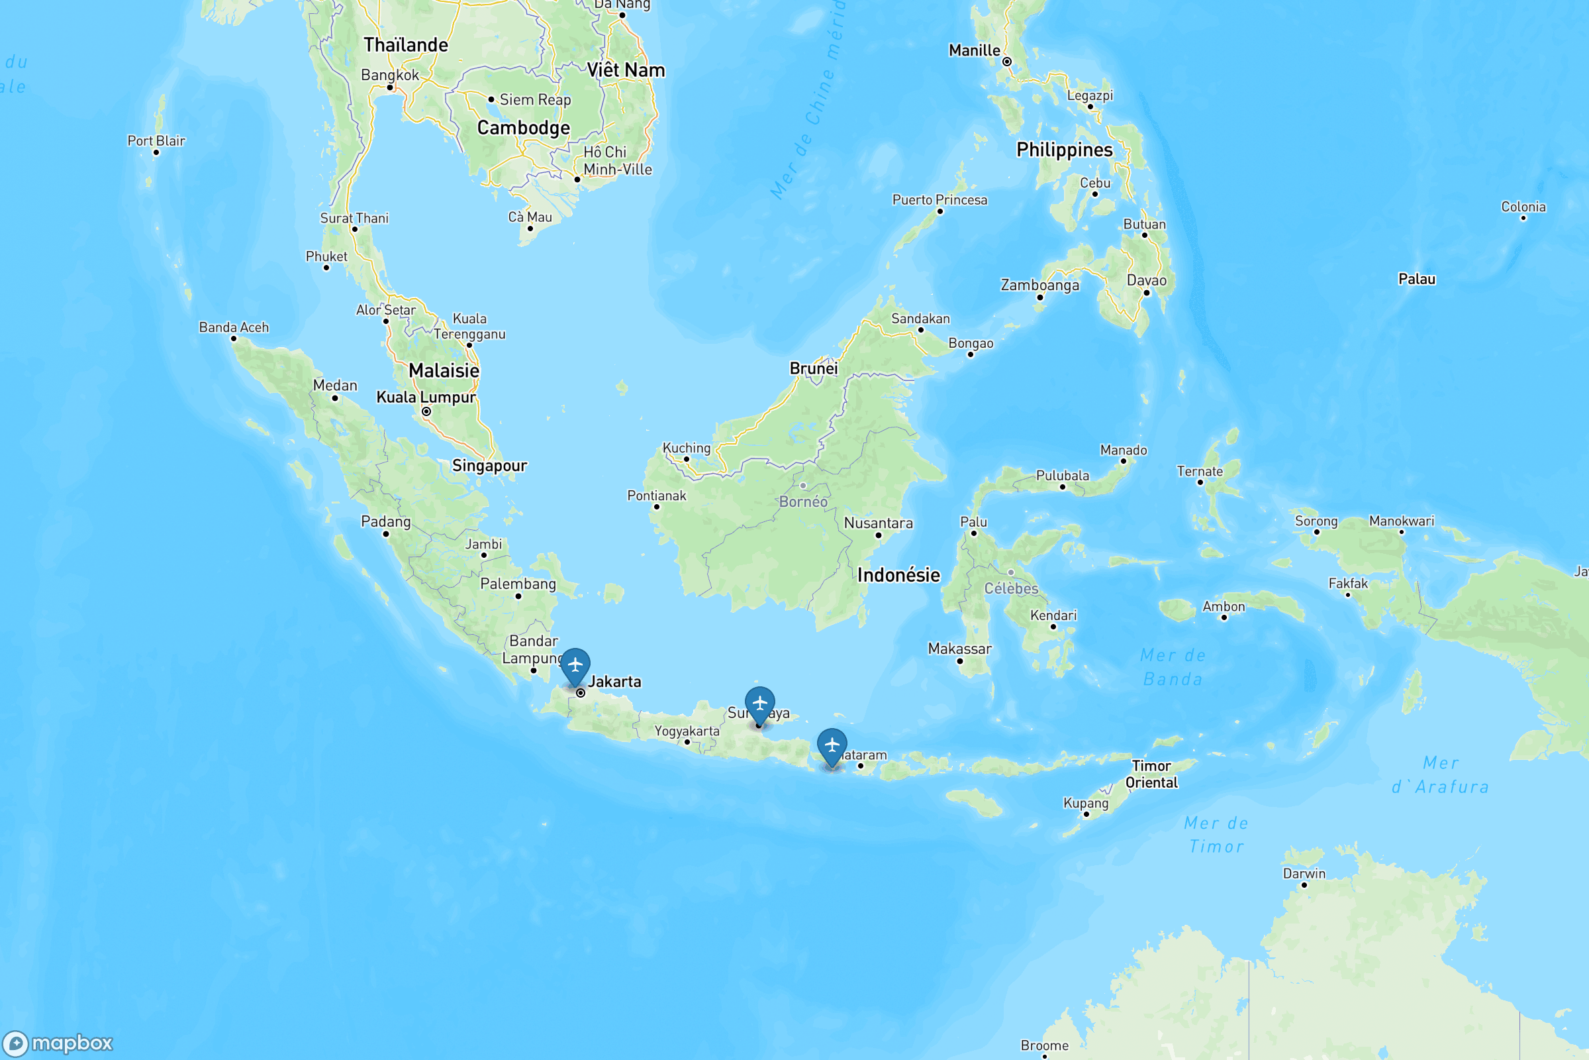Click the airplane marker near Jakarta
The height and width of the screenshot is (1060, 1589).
tap(575, 664)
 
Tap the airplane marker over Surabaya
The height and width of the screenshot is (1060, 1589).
tap(759, 703)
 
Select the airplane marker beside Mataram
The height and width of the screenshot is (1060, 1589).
tap(832, 745)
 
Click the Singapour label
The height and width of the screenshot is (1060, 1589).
tap(489, 465)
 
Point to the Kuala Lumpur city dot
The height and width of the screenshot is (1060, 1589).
tap(426, 411)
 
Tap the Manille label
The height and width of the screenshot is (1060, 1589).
tap(974, 51)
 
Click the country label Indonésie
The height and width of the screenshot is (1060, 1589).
tap(898, 575)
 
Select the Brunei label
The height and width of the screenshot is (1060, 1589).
tap(814, 368)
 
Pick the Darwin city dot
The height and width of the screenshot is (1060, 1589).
tap(1304, 885)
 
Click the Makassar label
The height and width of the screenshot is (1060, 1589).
tap(959, 649)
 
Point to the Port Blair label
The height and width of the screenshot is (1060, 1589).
tap(156, 140)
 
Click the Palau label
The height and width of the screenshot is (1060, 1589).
tap(1417, 279)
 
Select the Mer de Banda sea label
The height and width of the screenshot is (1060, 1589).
tap(1173, 667)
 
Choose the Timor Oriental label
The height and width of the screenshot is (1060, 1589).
tap(1151, 774)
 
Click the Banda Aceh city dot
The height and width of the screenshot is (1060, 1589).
tap(234, 339)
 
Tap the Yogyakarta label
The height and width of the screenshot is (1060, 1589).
tap(687, 731)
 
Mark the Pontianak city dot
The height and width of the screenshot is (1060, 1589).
tap(656, 507)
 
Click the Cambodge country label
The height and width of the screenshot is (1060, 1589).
tap(524, 128)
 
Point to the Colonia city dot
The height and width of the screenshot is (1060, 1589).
tap(1523, 219)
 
